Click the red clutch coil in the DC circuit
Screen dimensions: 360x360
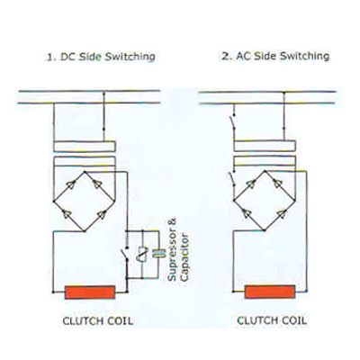tap(90, 292)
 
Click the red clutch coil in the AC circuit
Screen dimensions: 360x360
tap(270, 292)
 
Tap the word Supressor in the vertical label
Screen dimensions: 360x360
tap(172, 250)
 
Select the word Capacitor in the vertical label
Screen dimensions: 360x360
tap(184, 256)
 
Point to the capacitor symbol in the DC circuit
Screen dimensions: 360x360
tap(158, 254)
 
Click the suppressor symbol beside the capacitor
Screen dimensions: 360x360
tap(142, 254)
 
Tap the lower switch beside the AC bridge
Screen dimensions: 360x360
tap(231, 179)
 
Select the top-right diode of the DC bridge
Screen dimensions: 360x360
tap(97, 184)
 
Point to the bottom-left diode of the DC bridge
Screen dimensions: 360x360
tap(67, 214)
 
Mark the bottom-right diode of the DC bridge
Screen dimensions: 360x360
tap(102, 214)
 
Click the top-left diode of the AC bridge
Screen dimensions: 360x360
tap(251, 184)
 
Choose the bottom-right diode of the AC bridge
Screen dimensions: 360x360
tap(282, 213)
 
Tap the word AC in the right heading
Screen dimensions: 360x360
tap(244, 56)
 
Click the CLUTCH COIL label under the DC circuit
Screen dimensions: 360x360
tap(98, 321)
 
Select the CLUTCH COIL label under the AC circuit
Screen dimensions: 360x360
tap(272, 320)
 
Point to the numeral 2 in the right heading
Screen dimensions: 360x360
tap(225, 56)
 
